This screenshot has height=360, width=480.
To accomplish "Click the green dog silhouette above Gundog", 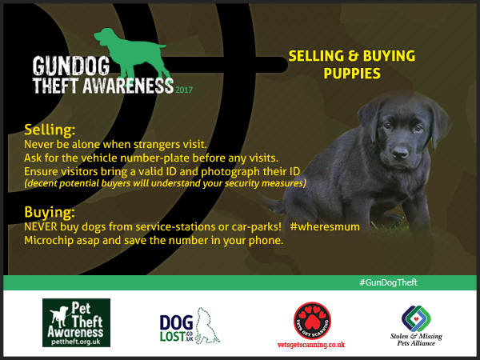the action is point(132,55).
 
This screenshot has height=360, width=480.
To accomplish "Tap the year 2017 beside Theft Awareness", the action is point(184,90).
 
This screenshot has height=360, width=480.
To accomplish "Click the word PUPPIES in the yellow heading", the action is point(352,74).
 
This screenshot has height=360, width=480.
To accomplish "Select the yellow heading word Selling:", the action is point(50,130).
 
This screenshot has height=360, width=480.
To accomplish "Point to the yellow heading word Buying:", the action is point(50,212).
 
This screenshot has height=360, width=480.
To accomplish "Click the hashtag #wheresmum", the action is point(325,227).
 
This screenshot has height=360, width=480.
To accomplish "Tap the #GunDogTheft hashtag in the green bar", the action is point(388,282).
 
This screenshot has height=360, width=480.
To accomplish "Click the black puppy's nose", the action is point(400,152).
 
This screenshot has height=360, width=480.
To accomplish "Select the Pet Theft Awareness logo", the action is point(76,322).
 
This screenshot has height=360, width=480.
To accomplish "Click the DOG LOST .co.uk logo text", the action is point(176,329).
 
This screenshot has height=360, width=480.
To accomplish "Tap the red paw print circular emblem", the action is point(312,321).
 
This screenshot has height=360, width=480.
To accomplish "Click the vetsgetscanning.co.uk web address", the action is point(311,345).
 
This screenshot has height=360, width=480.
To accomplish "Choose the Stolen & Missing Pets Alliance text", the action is point(416,340).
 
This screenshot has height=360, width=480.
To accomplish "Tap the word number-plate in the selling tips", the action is point(155,158).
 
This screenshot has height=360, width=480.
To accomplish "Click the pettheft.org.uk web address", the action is point(76,342).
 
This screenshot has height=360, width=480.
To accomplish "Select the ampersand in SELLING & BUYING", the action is point(354,56).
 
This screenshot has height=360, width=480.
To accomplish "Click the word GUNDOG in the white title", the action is point(71,66).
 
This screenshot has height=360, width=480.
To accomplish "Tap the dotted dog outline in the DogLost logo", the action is point(207,326).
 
